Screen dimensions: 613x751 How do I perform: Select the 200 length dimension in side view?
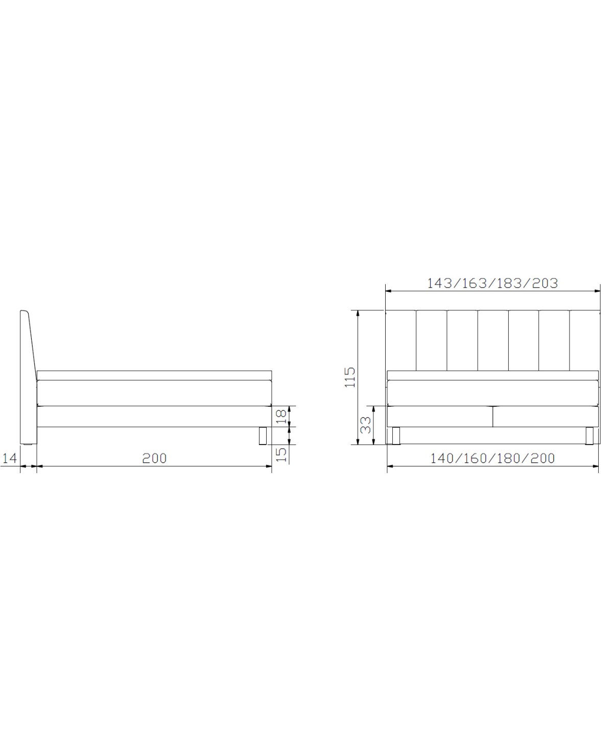(x=154, y=458)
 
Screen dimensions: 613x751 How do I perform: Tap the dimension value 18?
(x=281, y=416)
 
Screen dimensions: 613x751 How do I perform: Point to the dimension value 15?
(x=281, y=455)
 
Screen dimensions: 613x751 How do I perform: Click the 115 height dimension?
(x=350, y=377)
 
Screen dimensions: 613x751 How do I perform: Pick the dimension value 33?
(x=366, y=425)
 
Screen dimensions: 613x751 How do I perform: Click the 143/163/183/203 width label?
(x=492, y=283)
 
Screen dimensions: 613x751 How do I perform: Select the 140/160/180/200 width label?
(x=492, y=458)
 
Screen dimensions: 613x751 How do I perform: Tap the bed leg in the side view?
(x=263, y=435)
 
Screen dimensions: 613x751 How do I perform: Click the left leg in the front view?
(x=396, y=435)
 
